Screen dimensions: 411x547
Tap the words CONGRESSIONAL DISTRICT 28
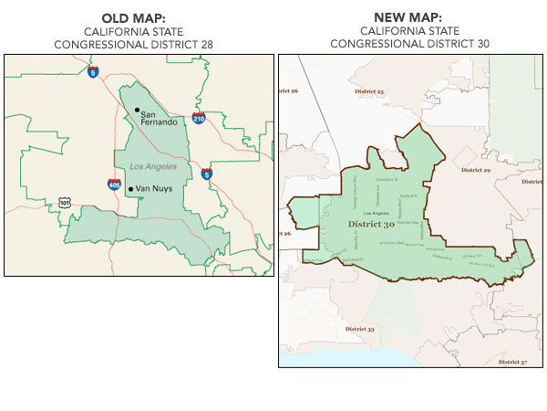(x=137, y=44)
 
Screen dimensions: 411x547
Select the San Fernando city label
(x=156, y=120)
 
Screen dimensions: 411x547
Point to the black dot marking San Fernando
(x=137, y=111)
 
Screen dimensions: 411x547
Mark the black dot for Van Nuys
(x=130, y=189)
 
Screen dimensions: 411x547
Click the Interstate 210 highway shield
(x=199, y=118)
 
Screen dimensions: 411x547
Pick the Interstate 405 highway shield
(x=112, y=184)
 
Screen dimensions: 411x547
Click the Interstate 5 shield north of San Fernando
(x=93, y=71)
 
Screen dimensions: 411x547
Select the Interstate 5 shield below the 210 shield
(x=207, y=173)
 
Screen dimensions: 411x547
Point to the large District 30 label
(x=371, y=225)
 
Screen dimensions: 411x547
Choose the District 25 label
(x=367, y=92)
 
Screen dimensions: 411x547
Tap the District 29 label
(x=475, y=170)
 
